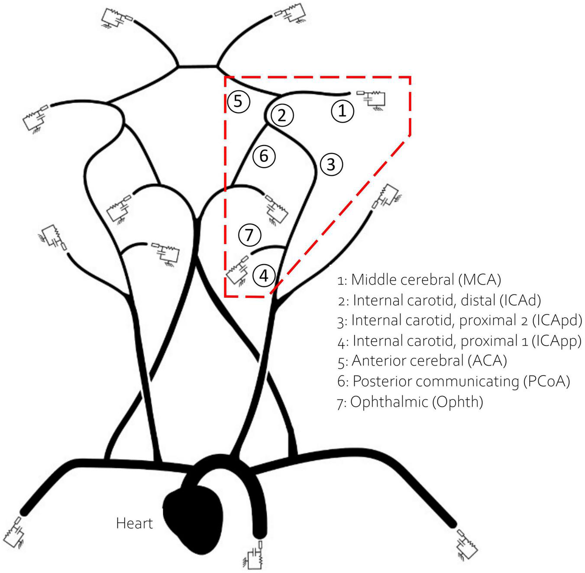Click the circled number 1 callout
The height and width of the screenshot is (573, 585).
(x=343, y=111)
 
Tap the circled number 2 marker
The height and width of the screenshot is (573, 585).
(x=282, y=115)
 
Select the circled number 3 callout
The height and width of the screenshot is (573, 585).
(x=331, y=165)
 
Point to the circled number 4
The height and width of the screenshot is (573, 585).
(x=264, y=275)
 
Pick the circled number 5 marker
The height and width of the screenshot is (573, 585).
(x=239, y=101)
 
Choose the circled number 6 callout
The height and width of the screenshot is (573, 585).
(x=264, y=155)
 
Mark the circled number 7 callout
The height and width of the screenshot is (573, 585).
(x=249, y=235)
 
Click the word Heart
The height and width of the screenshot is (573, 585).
(x=134, y=523)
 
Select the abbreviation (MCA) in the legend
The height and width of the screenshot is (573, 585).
(x=479, y=279)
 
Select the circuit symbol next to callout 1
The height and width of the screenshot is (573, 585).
(x=371, y=100)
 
